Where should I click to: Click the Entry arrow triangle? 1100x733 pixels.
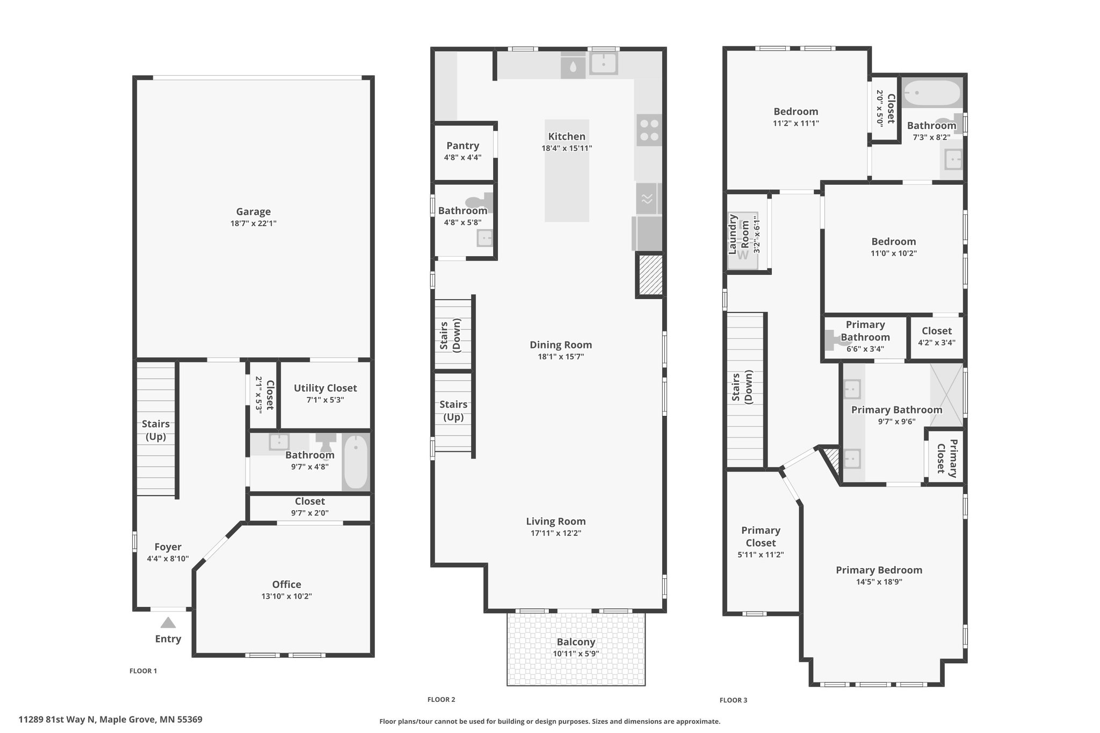[x=168, y=623]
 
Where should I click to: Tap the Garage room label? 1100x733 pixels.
[x=254, y=212]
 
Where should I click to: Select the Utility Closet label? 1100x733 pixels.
[x=325, y=388]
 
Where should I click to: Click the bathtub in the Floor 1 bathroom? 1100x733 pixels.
[x=356, y=462]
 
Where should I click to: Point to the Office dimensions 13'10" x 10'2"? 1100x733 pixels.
[x=287, y=596]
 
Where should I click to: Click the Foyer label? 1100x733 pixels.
[x=168, y=547]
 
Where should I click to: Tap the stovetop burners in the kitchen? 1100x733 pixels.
[x=649, y=130]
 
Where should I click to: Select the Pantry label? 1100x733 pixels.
[x=462, y=146]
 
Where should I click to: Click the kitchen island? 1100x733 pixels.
[x=567, y=171]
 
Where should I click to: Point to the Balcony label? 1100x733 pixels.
[x=576, y=642]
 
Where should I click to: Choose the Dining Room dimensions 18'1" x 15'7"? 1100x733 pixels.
[x=561, y=357]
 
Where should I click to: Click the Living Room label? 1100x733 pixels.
[x=556, y=521]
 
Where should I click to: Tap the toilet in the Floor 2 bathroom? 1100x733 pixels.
[x=479, y=202]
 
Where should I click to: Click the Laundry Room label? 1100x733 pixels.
[x=738, y=234]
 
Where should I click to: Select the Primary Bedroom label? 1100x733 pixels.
[x=879, y=570]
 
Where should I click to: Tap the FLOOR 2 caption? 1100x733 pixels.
[x=442, y=699]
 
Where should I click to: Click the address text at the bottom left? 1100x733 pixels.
[x=111, y=719]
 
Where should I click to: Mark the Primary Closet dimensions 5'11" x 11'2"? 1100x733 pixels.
[x=761, y=554]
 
